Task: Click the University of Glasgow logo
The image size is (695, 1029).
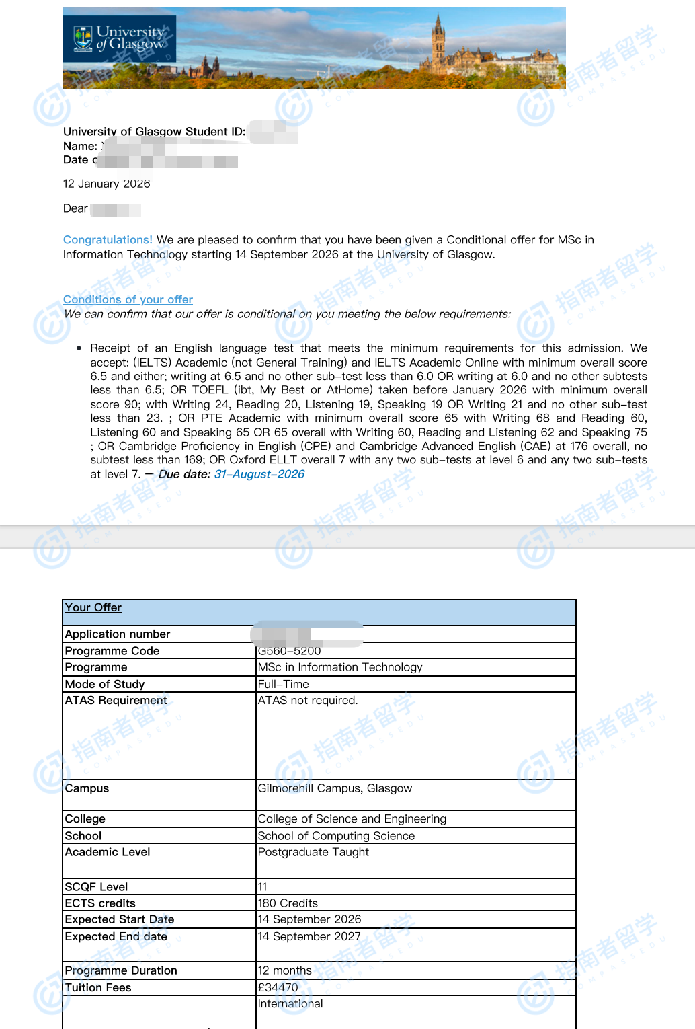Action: (120, 38)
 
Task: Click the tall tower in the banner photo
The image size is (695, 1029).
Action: (439, 40)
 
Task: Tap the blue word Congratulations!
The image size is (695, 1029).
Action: (108, 240)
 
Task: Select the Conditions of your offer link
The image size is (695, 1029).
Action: (128, 299)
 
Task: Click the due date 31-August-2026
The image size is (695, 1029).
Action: (259, 474)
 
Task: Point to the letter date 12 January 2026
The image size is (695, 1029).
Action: (106, 184)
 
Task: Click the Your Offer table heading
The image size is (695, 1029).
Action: (93, 607)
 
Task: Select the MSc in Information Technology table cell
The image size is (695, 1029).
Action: (340, 667)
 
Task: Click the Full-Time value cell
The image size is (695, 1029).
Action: (284, 684)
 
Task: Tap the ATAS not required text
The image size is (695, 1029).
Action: (308, 700)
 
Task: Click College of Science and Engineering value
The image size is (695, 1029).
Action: (352, 818)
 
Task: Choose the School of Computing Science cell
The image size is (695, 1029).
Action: (336, 835)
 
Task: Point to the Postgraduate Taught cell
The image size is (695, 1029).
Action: (313, 852)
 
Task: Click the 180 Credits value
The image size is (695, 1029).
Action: (288, 903)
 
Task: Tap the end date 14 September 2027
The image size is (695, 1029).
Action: (309, 936)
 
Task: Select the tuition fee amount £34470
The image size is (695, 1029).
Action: (278, 987)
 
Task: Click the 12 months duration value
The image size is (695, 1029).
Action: (285, 970)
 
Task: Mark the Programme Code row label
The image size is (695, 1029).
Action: (112, 651)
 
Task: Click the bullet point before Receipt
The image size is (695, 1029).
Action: (79, 348)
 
